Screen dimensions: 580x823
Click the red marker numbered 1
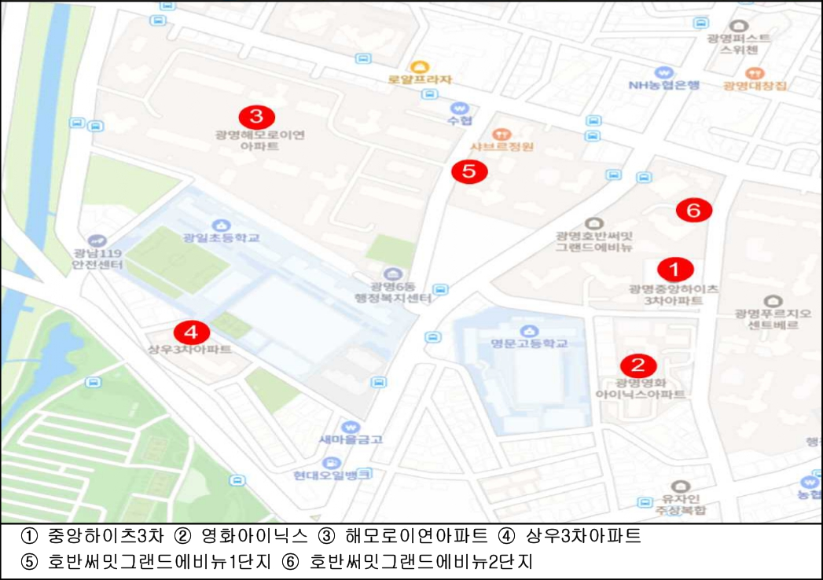coord(674,270)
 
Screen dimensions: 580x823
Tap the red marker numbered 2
coord(637,365)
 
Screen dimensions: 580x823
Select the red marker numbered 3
coord(256,117)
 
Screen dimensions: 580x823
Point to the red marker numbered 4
coord(192,331)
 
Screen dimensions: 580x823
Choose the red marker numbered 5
coord(469,171)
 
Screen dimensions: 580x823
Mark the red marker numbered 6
coord(694,210)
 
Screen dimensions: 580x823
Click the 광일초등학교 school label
coord(221,237)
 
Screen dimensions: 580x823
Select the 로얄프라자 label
coord(421,79)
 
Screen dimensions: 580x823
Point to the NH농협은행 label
coord(663,86)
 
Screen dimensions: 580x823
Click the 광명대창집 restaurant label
coord(755,86)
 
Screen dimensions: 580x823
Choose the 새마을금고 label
coord(351,439)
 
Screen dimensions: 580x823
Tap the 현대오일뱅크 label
coord(332,475)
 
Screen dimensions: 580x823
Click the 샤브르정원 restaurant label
coord(502,146)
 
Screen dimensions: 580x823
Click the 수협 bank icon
coord(460,108)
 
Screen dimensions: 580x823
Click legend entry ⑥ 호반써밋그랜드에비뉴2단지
coord(421,563)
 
